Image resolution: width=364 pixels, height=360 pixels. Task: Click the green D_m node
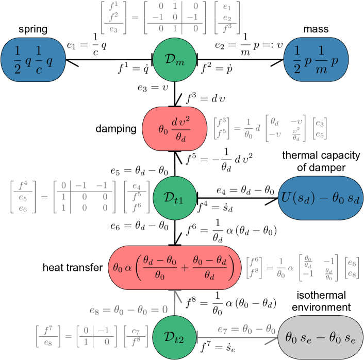174,60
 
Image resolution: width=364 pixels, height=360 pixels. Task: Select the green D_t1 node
174,197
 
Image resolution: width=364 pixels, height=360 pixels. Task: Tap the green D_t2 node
174,337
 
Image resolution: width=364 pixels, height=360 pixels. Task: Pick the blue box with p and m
316,60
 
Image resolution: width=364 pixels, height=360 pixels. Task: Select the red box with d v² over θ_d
174,129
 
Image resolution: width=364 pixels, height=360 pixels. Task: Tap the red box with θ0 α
174,268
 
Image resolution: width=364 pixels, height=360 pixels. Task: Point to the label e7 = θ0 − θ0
246,329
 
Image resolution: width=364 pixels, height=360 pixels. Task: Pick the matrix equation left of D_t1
80,196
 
